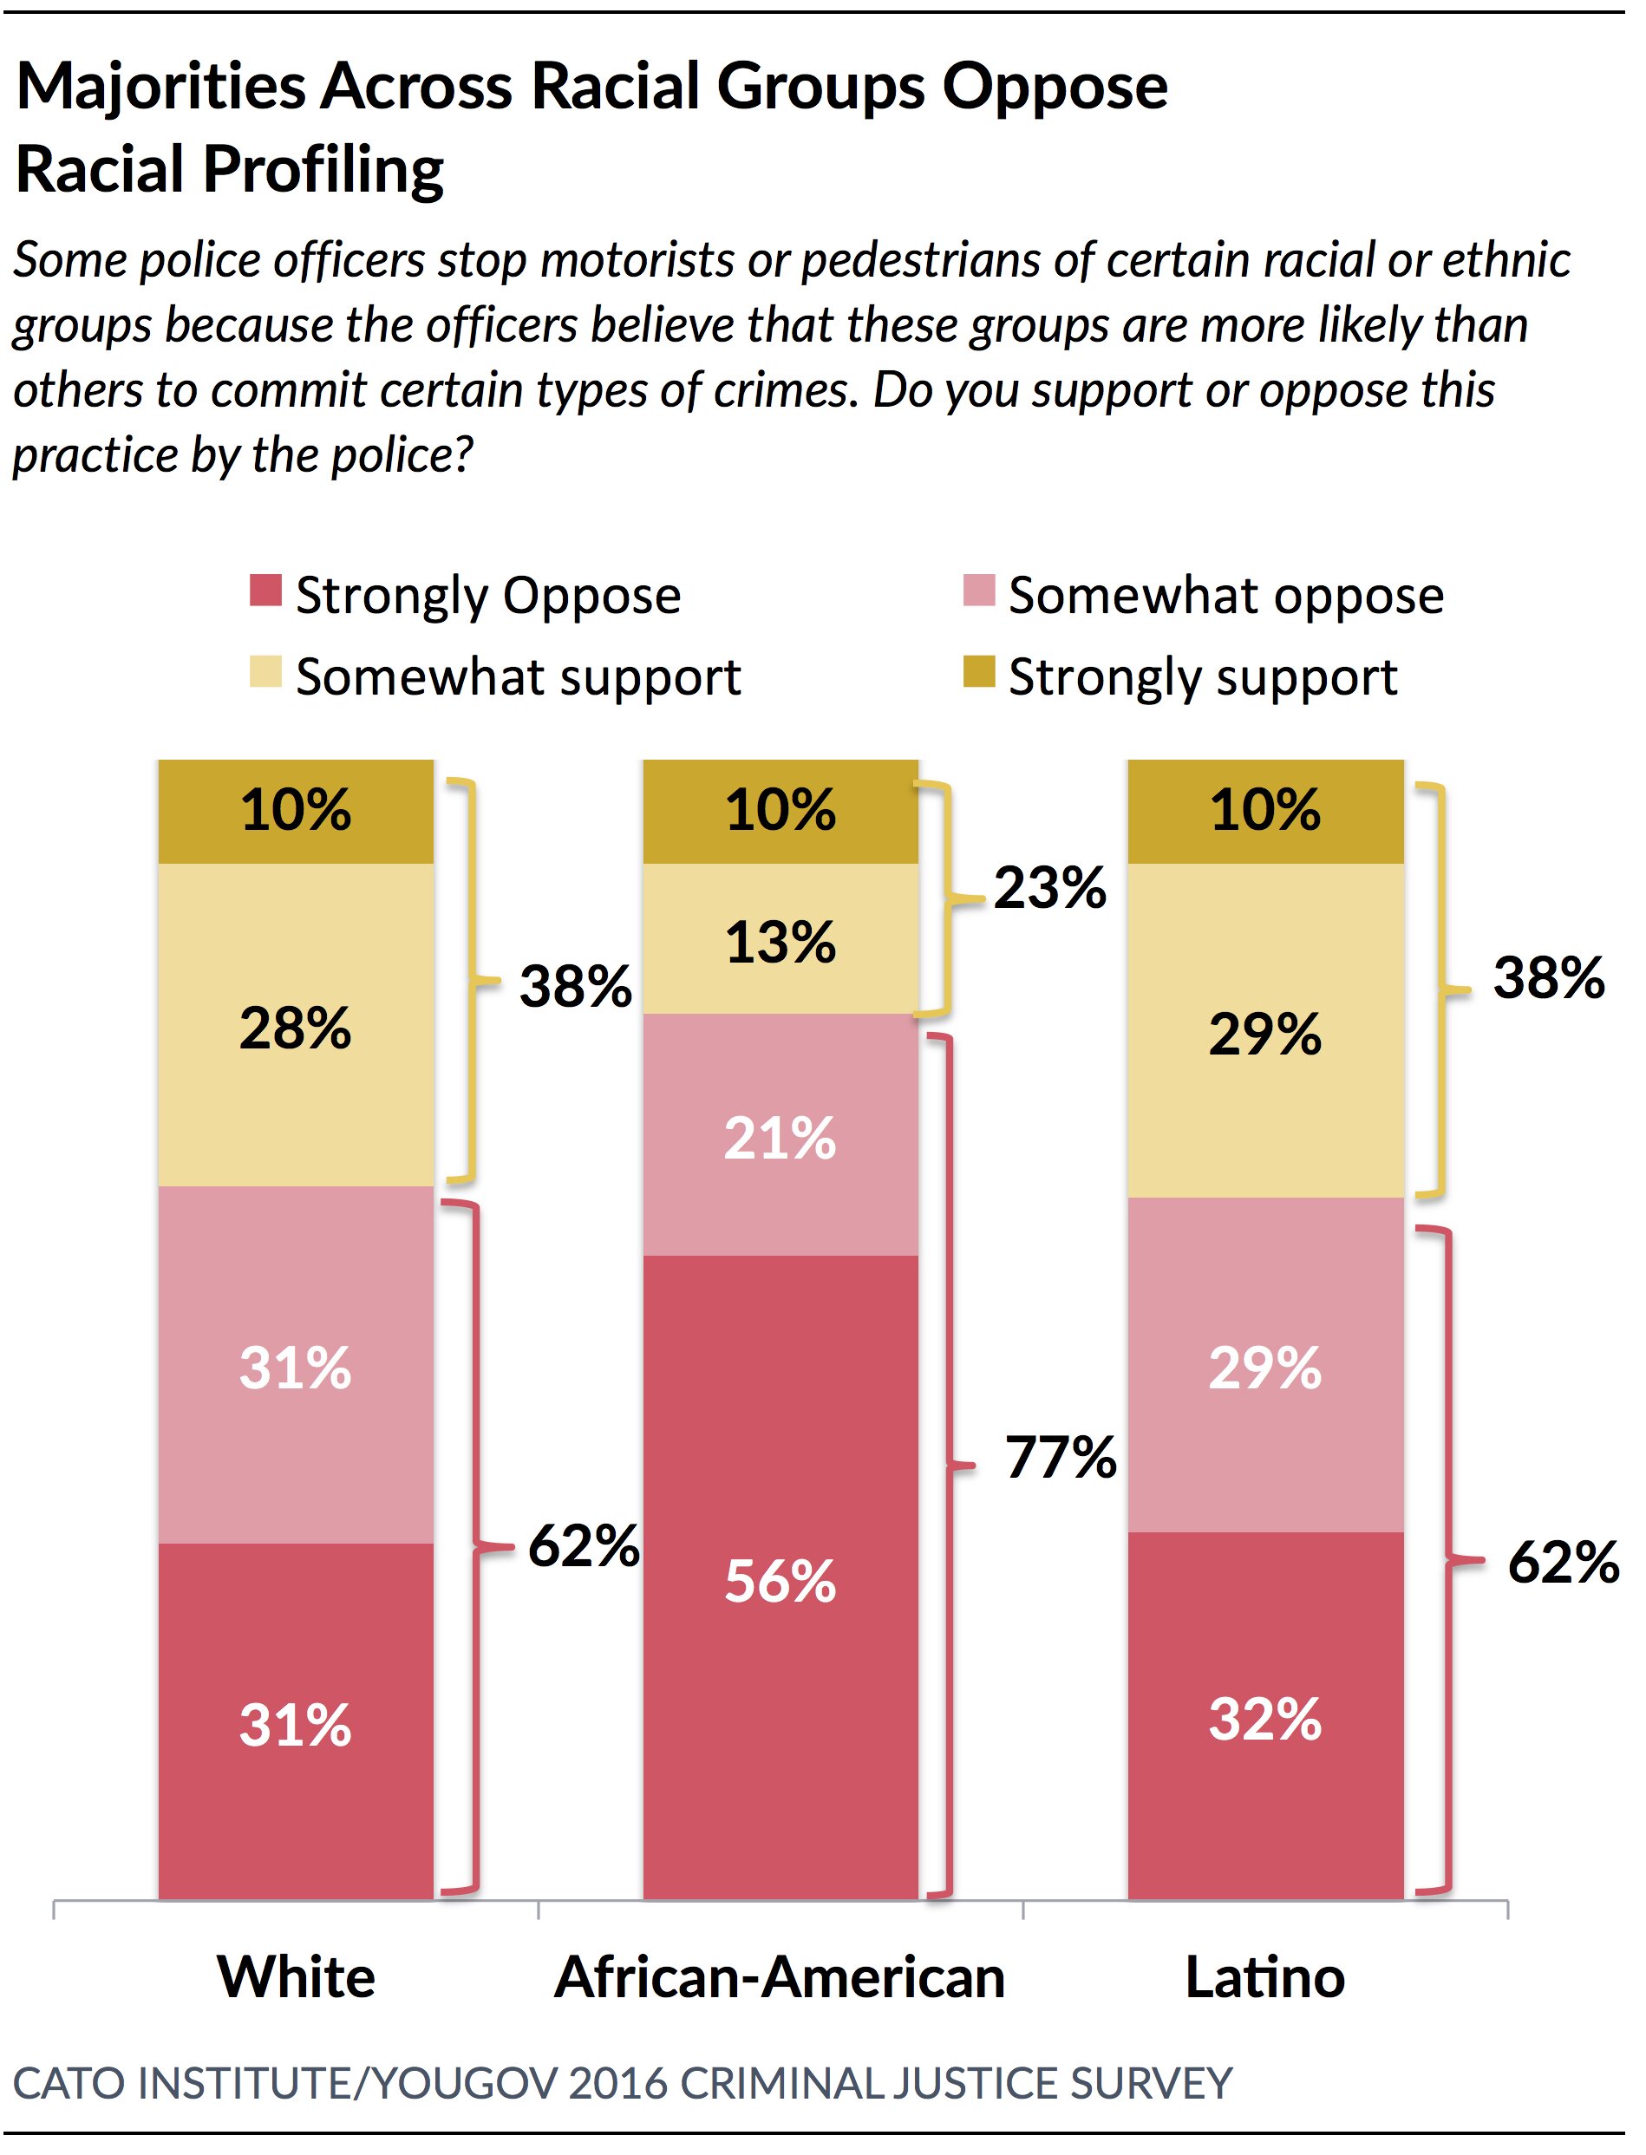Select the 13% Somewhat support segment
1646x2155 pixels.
pyautogui.click(x=780, y=940)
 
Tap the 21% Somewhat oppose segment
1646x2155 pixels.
pyautogui.click(x=780, y=1136)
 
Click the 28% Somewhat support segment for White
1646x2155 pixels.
pyautogui.click(x=295, y=1028)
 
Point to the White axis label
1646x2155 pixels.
pyautogui.click(x=296, y=1976)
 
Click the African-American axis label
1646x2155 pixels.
pyautogui.click(x=780, y=1976)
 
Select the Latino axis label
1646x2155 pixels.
pyautogui.click(x=1265, y=1976)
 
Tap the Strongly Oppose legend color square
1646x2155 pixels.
pyautogui.click(x=265, y=591)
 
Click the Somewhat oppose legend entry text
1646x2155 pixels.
pyautogui.click(x=1225, y=596)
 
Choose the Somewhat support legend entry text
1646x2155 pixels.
pyautogui.click(x=519, y=677)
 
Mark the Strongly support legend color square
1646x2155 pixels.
pyautogui.click(x=979, y=673)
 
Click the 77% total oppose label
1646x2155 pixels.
pyautogui.click(x=1061, y=1457)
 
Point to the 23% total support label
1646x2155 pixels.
pyautogui.click(x=1049, y=887)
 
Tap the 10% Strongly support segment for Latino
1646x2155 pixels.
pyautogui.click(x=1265, y=809)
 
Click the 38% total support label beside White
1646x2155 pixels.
pyautogui.click(x=575, y=985)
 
